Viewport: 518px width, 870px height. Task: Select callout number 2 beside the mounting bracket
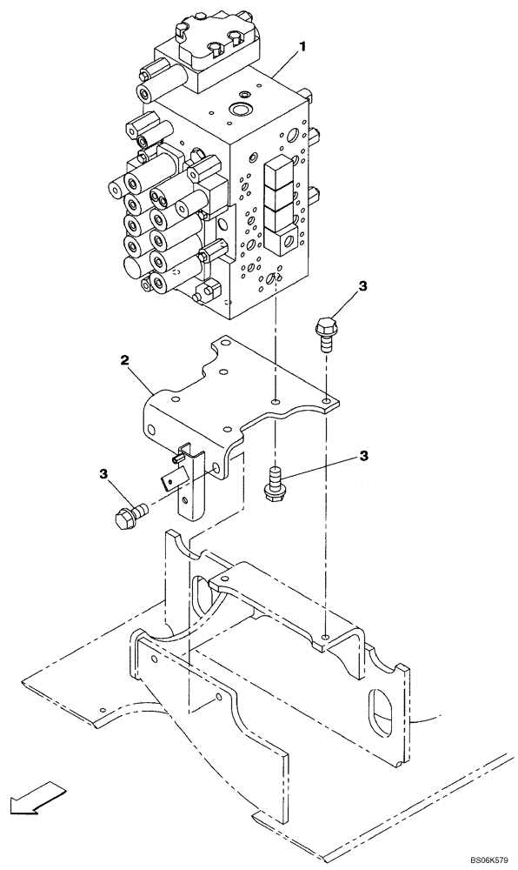(126, 358)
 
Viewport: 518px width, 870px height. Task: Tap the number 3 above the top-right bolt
(363, 285)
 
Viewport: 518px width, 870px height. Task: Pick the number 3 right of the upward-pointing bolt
(364, 455)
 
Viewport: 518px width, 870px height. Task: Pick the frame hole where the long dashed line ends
(325, 638)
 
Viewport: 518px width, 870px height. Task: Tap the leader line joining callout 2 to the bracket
(143, 377)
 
